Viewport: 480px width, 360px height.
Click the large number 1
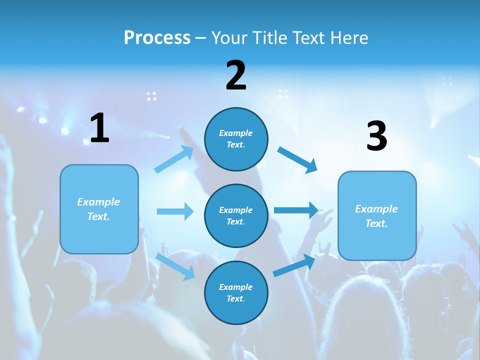coord(99,128)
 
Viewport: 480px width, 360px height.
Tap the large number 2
coord(236,75)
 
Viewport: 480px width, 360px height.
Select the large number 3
coord(376,136)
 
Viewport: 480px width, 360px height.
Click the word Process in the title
coord(157,37)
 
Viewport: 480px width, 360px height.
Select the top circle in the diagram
coord(236,139)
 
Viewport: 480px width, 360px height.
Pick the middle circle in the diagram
coord(236,216)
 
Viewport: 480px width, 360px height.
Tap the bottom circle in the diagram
coord(236,293)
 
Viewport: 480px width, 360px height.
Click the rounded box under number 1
coord(99,209)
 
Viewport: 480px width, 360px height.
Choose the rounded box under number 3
coord(377,216)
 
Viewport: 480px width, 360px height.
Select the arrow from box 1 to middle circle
coord(175,211)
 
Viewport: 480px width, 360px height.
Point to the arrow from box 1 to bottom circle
coord(175,266)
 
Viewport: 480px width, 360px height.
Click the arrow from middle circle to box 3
coord(296,210)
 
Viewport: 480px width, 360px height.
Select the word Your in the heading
coord(228,37)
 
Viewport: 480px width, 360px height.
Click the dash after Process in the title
coord(201,38)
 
